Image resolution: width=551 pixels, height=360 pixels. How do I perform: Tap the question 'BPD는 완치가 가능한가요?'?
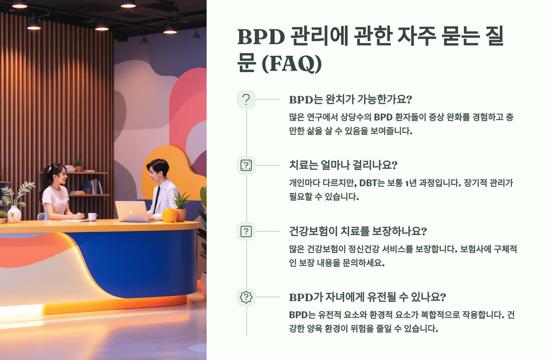(x=351, y=100)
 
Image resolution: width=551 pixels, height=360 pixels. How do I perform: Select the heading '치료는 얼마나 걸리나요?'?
(x=344, y=164)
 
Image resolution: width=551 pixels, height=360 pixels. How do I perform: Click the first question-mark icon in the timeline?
(x=246, y=100)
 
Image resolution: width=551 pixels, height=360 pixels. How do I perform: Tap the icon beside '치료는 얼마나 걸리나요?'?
(x=246, y=165)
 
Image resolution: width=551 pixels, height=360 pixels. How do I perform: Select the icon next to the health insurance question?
(x=246, y=232)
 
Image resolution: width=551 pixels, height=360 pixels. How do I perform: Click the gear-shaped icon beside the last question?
(x=246, y=297)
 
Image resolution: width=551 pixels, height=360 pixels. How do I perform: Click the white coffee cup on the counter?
(x=92, y=216)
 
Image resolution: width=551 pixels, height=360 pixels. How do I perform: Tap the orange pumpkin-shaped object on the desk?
(x=170, y=215)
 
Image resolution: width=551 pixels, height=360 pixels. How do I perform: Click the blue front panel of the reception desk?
(x=138, y=259)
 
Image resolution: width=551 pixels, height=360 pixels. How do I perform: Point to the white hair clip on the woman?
(x=50, y=168)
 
